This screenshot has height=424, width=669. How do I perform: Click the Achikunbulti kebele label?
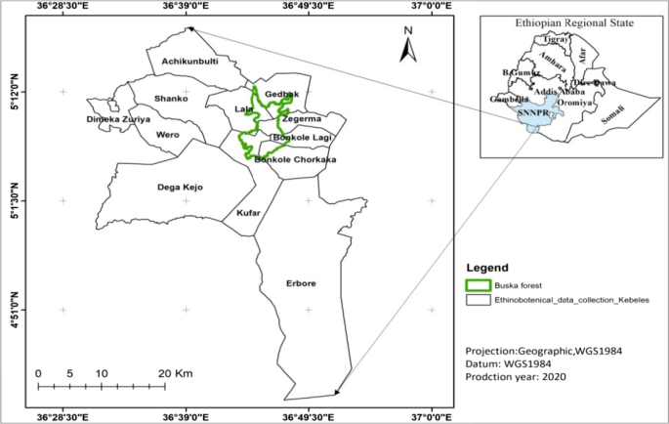click(x=188, y=61)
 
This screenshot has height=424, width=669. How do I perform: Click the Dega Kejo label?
click(x=180, y=187)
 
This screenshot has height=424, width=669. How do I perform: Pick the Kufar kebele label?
click(x=248, y=213)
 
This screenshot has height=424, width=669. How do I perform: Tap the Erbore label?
click(x=301, y=283)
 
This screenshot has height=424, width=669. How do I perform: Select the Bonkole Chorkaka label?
click(x=295, y=159)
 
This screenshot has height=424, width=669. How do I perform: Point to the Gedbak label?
click(x=282, y=94)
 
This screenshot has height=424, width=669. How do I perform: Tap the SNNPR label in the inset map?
click(x=533, y=114)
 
